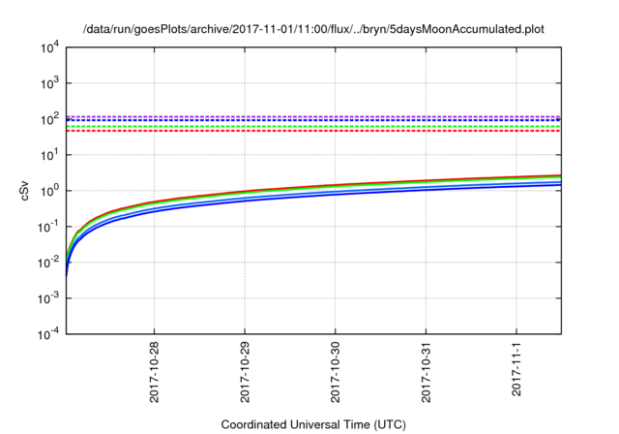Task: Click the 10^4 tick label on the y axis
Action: [x=51, y=46]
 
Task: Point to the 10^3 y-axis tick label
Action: [x=51, y=82]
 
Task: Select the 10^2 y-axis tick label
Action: [x=51, y=118]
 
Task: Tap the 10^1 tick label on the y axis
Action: [x=51, y=154]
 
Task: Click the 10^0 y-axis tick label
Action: [x=51, y=190]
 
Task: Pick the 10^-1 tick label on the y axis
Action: [x=49, y=226]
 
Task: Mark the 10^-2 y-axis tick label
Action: [x=49, y=262]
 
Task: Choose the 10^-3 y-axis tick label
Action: [x=49, y=297]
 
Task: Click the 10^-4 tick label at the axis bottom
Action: [x=49, y=333]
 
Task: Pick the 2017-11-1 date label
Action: [x=517, y=372]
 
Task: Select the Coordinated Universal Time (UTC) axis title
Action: [x=313, y=424]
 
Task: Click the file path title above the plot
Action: [x=313, y=29]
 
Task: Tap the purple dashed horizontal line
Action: [x=309, y=115]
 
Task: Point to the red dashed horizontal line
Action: [x=309, y=131]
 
